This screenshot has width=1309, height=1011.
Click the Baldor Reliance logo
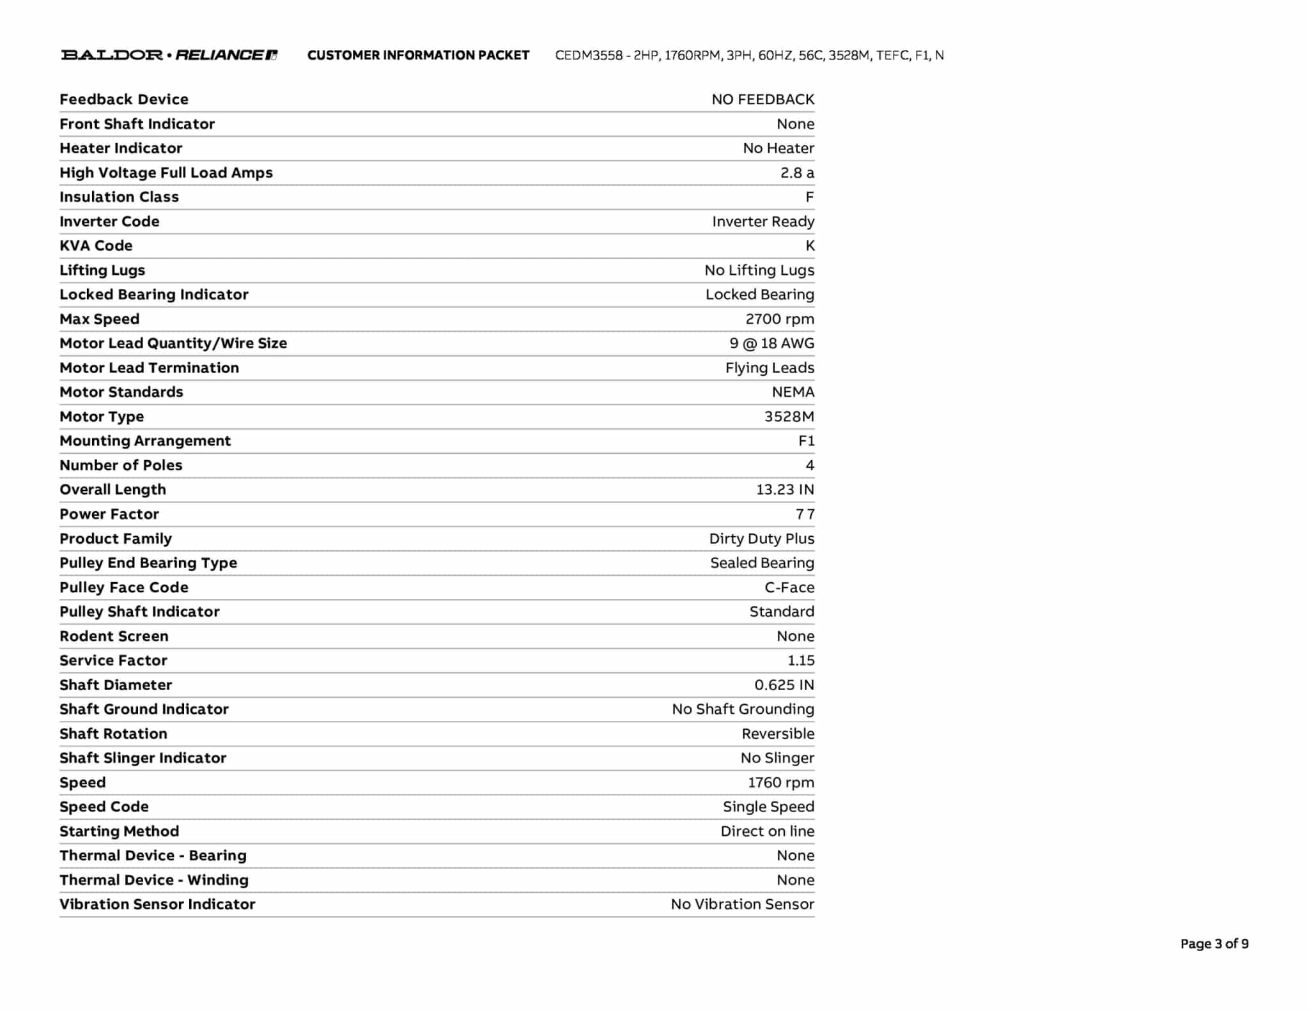point(169,55)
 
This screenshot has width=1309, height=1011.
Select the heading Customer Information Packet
point(418,56)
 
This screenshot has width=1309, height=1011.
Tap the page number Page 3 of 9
point(1214,944)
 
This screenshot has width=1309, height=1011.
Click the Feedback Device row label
point(124,100)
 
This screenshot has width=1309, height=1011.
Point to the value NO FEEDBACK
point(763,100)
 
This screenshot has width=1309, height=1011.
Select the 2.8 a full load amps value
point(796,173)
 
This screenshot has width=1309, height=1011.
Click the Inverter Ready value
point(763,222)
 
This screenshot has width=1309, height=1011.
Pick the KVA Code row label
point(96,246)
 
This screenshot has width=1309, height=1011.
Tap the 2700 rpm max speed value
point(779,319)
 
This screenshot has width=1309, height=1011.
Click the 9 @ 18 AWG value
point(771,344)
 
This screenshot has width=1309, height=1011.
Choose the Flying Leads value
point(769,368)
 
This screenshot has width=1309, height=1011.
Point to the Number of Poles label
point(121,465)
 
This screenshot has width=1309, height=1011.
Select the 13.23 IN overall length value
point(784,490)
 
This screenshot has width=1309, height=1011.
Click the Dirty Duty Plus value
point(761,539)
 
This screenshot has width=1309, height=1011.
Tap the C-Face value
point(789,587)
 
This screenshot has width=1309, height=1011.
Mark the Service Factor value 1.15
point(800,661)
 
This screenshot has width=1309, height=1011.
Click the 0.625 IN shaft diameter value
point(784,685)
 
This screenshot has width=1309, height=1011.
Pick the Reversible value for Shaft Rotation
point(777,734)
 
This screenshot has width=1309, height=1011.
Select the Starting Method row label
point(120,831)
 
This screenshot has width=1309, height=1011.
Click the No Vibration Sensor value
point(742,904)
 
